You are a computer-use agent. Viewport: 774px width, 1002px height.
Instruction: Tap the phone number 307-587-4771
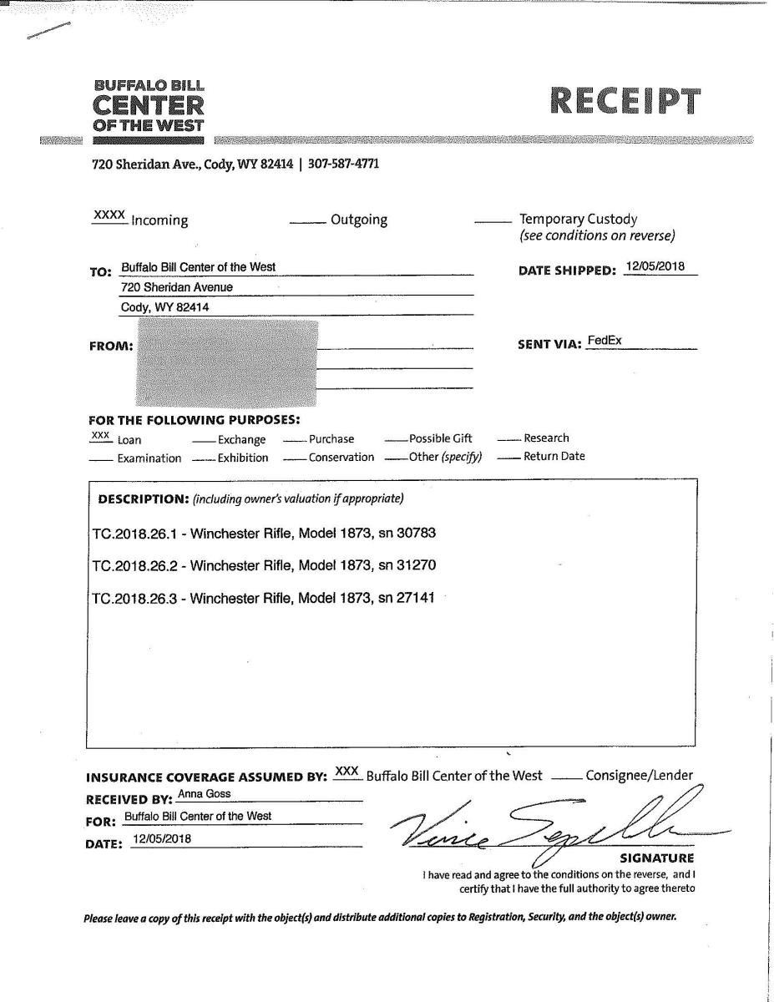343,164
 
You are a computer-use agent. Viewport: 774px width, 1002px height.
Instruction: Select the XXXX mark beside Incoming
109,215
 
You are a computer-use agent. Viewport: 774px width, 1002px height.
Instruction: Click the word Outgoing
359,220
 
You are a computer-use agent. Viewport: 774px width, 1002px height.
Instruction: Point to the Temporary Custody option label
578,220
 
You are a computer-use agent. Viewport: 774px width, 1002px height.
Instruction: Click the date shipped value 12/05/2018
655,267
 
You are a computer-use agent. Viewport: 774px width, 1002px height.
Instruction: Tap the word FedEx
605,341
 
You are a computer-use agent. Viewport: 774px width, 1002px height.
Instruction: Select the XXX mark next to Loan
100,436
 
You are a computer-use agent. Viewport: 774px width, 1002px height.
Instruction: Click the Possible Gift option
440,438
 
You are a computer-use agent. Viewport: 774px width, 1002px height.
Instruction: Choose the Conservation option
341,458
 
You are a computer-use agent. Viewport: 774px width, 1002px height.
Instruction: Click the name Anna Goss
205,794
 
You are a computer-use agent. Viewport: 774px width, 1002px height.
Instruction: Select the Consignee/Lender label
639,776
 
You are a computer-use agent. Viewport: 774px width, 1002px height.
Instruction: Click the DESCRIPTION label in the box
143,499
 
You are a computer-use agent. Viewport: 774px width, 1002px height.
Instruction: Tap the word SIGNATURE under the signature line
656,858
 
